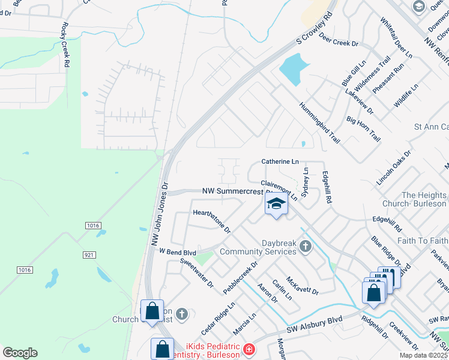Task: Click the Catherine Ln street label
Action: point(280,162)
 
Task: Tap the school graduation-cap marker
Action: point(276,204)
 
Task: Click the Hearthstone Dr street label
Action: point(212,221)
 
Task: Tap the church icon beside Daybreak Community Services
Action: point(305,246)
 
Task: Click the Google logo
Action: point(20,353)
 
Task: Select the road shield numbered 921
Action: point(89,255)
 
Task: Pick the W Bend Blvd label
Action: point(178,253)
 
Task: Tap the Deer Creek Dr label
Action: point(339,43)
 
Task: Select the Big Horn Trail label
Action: point(364,128)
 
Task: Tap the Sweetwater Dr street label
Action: point(197,272)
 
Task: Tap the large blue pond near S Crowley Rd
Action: point(294,70)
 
